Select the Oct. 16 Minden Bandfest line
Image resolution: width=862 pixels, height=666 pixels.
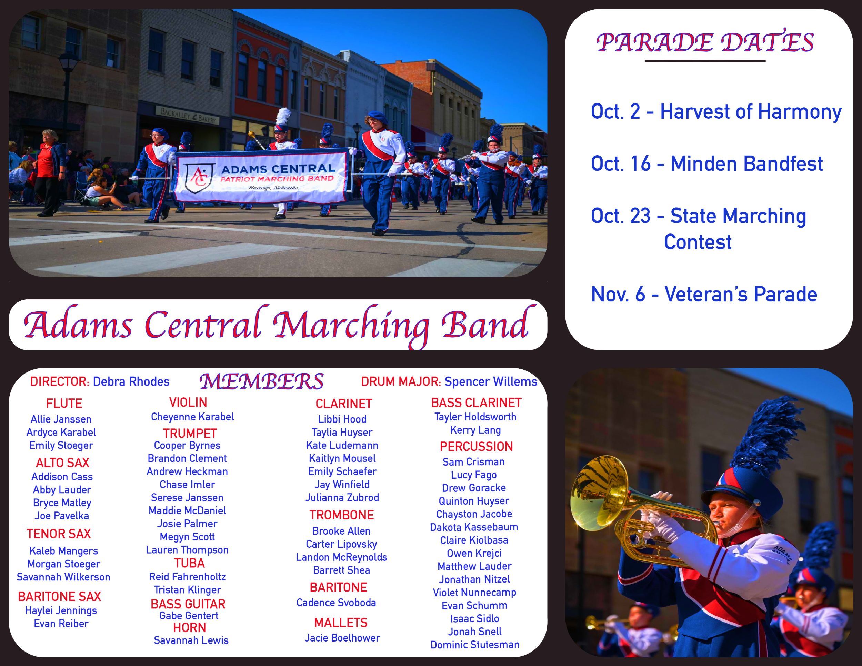(x=706, y=163)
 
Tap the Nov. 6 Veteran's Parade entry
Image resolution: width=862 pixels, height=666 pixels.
(x=704, y=294)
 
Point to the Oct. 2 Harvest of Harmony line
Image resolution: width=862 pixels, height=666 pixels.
(x=716, y=112)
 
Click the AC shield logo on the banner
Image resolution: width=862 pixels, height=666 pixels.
(x=199, y=178)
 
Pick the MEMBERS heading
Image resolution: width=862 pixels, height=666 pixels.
(x=261, y=381)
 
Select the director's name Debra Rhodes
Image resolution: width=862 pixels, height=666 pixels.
(x=131, y=382)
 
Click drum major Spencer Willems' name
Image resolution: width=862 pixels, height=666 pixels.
(x=491, y=382)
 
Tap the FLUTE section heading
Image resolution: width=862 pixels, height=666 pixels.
(x=64, y=404)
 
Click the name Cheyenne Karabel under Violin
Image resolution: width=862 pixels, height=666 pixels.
(x=192, y=417)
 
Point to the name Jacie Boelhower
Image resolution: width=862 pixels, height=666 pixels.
(x=342, y=638)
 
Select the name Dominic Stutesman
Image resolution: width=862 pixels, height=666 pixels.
(x=475, y=645)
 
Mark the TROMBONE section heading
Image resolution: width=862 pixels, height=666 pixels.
(x=341, y=515)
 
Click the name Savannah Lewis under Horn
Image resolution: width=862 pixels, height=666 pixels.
(x=191, y=640)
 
